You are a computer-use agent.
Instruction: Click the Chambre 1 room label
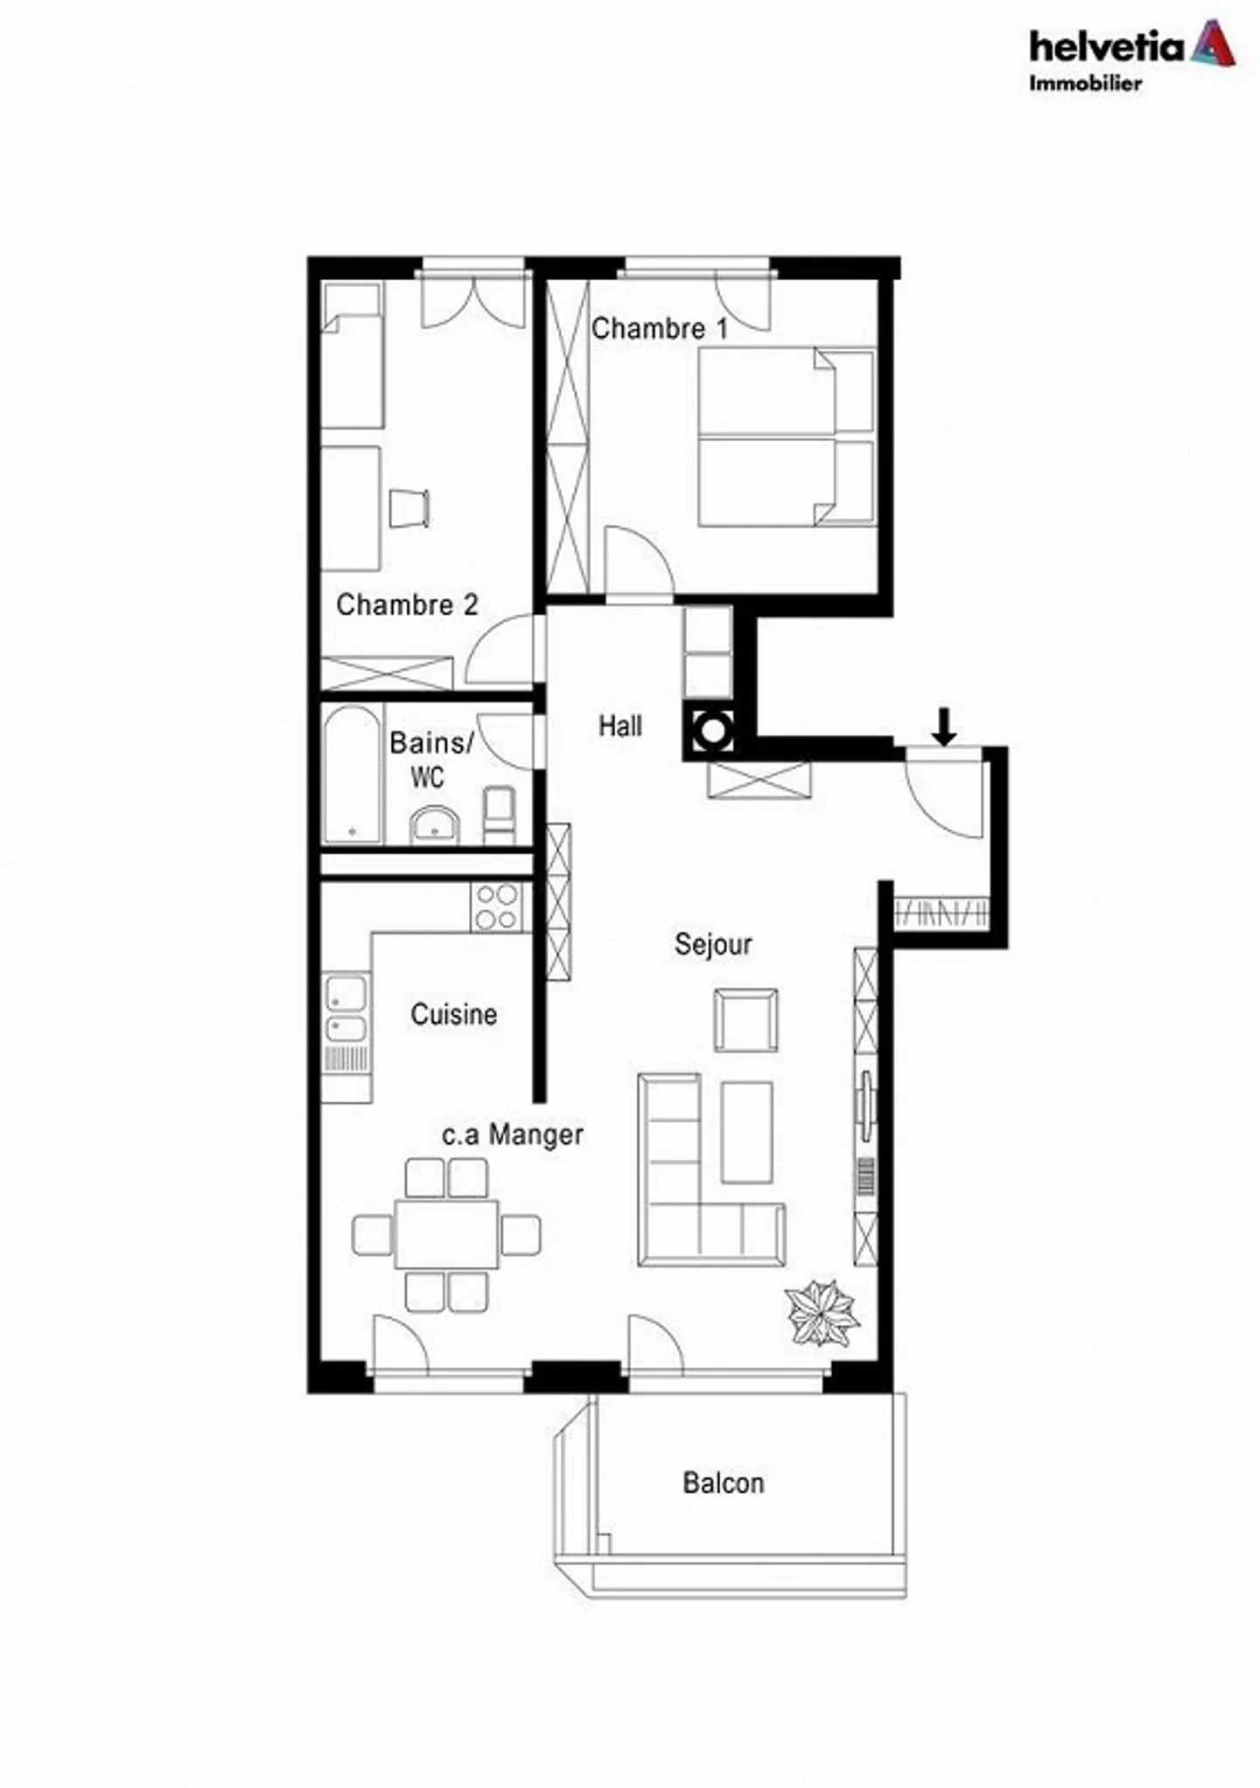pos(659,329)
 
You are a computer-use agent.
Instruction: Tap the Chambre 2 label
pos(407,605)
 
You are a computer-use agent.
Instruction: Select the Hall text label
pos(619,726)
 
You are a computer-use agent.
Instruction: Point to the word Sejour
pos(713,944)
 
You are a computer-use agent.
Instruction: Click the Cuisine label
pos(453,1014)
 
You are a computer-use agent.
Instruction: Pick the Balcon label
pos(724,1483)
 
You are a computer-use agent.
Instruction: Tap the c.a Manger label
pos(513,1135)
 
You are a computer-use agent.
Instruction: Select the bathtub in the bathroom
pos(353,775)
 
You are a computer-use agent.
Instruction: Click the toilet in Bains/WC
pos(500,814)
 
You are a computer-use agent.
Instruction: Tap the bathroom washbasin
pos(434,825)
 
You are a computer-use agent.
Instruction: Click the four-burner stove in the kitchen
pos(496,907)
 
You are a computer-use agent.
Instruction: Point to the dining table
pos(446,1235)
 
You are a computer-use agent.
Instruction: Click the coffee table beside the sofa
pos(746,1132)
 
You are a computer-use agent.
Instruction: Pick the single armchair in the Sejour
pos(746,1020)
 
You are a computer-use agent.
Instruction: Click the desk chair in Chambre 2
pos(409,508)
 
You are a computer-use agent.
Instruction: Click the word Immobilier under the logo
pos(1085,84)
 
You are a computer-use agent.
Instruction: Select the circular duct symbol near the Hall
pos(713,730)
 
